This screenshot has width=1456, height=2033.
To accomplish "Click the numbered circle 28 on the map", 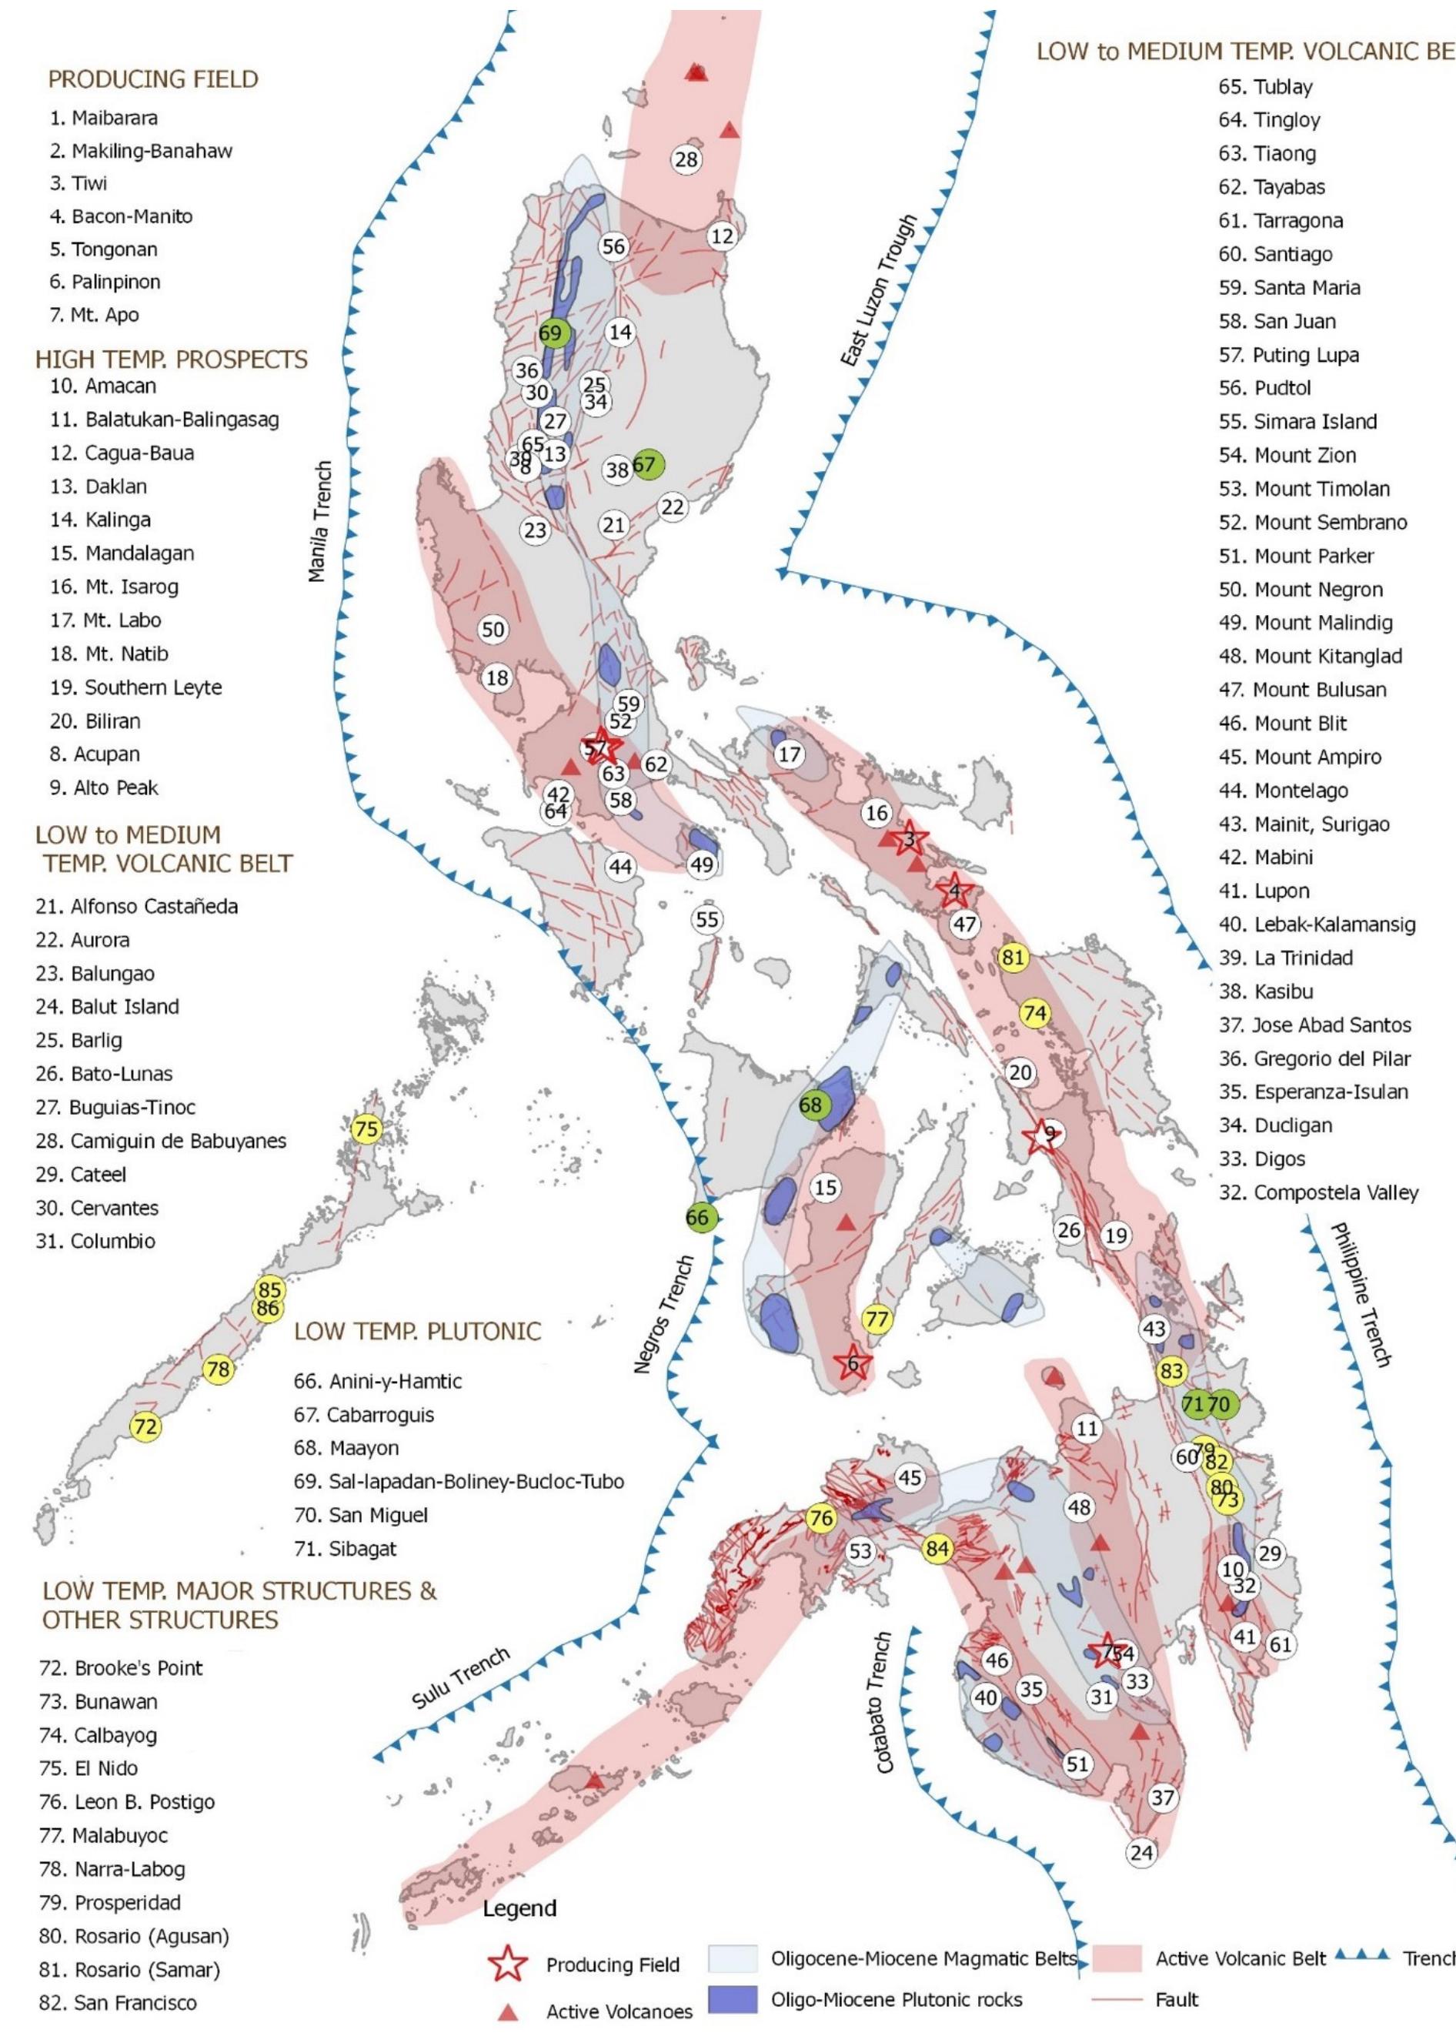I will coord(686,160).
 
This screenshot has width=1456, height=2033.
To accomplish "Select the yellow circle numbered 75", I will coord(366,1129).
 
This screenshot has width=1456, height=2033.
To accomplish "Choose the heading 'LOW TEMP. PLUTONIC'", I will coord(418,1331).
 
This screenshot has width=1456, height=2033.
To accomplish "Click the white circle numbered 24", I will coord(1140,1852).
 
